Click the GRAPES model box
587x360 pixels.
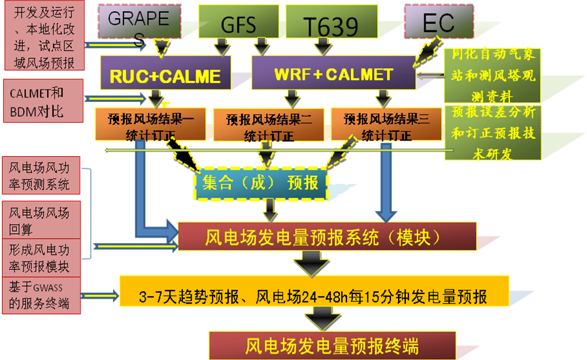139,22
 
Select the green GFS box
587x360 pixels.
238,22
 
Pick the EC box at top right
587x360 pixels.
437,22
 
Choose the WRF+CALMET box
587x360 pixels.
333,73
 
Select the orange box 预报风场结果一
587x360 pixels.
150,125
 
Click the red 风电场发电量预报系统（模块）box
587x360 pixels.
327,237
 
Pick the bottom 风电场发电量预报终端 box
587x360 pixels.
331,345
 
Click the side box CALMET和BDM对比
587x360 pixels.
42,101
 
